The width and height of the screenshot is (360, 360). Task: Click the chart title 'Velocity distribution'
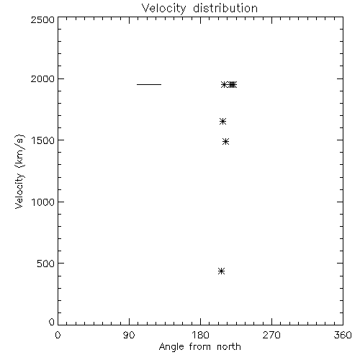pyautogui.click(x=199, y=9)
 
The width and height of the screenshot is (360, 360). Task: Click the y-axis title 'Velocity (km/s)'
pyautogui.click(x=19, y=171)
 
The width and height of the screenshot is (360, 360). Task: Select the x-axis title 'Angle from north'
pyautogui.click(x=199, y=347)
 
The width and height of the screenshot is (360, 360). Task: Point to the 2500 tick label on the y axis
pyautogui.click(x=42, y=19)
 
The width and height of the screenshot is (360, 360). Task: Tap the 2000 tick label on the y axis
pyautogui.click(x=42, y=78)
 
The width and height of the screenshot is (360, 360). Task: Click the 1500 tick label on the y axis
pyautogui.click(x=43, y=140)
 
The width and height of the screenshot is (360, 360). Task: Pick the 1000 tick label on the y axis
pyautogui.click(x=43, y=202)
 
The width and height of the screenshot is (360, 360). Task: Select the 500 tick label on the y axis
pyautogui.click(x=46, y=264)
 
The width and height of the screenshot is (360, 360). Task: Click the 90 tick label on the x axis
pyautogui.click(x=129, y=336)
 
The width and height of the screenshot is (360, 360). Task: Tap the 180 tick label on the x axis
pyautogui.click(x=200, y=336)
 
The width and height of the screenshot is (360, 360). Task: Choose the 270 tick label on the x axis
pyautogui.click(x=271, y=336)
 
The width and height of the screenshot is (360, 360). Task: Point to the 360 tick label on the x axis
pyautogui.click(x=343, y=336)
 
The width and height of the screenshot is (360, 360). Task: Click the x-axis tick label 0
pyautogui.click(x=58, y=336)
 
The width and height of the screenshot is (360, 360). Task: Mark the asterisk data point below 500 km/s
pyautogui.click(x=221, y=271)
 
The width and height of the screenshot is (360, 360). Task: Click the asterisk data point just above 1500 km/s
pyautogui.click(x=225, y=142)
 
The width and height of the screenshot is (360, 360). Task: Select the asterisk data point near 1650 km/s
pyautogui.click(x=222, y=122)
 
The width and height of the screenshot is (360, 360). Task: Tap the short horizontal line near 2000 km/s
pyautogui.click(x=149, y=84)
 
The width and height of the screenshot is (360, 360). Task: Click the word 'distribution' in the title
pyautogui.click(x=225, y=9)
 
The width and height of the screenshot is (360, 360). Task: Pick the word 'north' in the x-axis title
pyautogui.click(x=229, y=346)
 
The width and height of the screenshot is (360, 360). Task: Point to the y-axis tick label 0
pyautogui.click(x=52, y=322)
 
